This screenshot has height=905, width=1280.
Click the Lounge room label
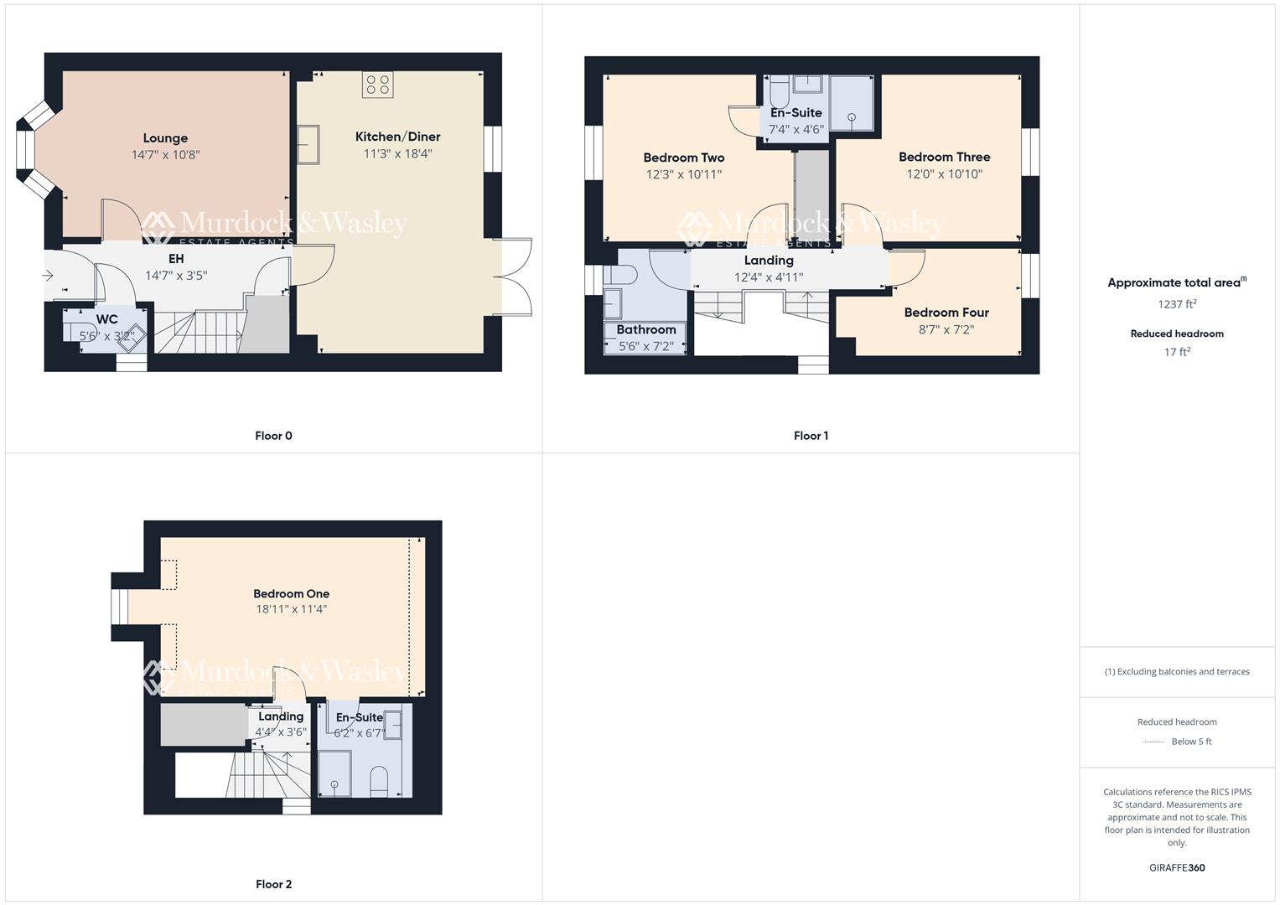[x=165, y=138]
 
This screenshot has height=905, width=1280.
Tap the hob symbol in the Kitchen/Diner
[x=378, y=85]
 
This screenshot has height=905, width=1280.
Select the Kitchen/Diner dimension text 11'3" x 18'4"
[x=397, y=153]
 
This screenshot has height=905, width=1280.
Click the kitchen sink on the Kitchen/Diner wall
[x=308, y=145]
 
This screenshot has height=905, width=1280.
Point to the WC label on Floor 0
[x=107, y=319]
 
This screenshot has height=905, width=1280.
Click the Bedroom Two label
[x=683, y=158]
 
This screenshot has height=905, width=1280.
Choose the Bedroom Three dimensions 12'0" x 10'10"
[x=944, y=174]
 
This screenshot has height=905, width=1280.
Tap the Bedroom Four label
[x=946, y=313]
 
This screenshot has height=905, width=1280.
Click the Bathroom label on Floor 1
[x=645, y=329]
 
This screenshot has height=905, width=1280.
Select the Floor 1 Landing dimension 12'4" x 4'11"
[x=769, y=277]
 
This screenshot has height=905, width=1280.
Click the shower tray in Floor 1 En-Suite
[x=852, y=104]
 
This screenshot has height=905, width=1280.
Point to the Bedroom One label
[x=291, y=594]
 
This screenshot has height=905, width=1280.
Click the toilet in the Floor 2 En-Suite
[x=380, y=780]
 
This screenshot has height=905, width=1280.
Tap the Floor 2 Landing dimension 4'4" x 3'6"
[x=281, y=732]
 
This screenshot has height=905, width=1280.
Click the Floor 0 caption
[x=273, y=436]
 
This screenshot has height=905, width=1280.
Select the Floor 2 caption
[x=273, y=884]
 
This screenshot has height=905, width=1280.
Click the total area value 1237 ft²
[x=1177, y=304]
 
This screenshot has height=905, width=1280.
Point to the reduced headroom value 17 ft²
[x=1177, y=352]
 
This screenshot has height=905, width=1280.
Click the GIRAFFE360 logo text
[x=1177, y=868]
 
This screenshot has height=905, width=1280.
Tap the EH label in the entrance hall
[x=176, y=259]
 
